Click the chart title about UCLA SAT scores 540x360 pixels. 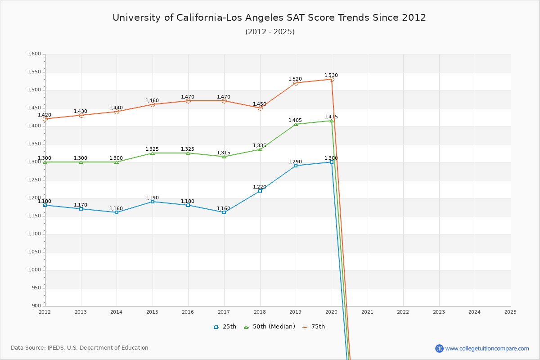[269, 18]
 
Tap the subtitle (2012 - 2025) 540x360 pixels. [270, 31]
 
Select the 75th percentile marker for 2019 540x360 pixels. [296, 83]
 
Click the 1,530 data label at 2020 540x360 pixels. [331, 76]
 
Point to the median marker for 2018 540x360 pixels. [260, 149]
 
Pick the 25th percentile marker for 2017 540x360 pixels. [224, 212]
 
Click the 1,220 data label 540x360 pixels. [260, 187]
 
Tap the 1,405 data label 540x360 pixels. [295, 121]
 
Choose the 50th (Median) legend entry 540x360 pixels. [269, 327]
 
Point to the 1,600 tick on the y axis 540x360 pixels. [34, 54]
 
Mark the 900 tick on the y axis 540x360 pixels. [36, 306]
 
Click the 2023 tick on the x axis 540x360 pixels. [439, 312]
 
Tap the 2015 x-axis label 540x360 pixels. [152, 312]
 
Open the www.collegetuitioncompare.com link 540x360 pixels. [487, 348]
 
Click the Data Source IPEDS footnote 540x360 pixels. [80, 348]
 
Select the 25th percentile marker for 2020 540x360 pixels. [332, 162]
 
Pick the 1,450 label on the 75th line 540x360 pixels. [260, 104]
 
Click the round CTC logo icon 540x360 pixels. [439, 348]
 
